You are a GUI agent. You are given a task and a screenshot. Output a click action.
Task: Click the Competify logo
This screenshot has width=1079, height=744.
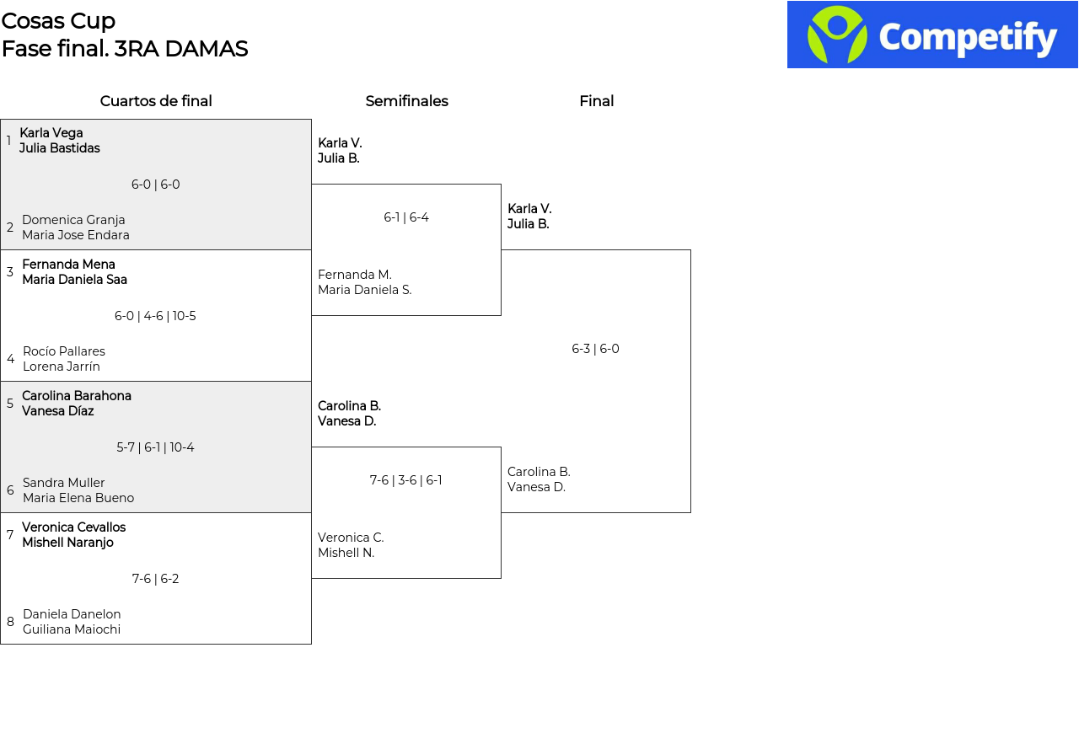click(x=932, y=35)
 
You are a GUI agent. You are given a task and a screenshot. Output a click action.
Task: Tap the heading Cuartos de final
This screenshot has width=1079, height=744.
click(x=156, y=101)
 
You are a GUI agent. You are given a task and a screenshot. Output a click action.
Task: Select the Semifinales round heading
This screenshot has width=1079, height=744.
click(x=406, y=101)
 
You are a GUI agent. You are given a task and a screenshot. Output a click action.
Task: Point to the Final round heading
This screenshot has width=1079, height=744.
click(x=596, y=101)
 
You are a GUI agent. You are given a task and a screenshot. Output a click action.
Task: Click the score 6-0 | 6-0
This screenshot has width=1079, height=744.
click(x=156, y=185)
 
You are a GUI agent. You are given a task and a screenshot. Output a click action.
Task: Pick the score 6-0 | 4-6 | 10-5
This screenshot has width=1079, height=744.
click(x=155, y=316)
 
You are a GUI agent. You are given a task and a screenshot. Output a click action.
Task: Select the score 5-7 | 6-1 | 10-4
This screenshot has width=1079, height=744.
click(x=155, y=447)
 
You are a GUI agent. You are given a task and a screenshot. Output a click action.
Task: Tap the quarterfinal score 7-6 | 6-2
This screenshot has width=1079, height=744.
click(x=155, y=579)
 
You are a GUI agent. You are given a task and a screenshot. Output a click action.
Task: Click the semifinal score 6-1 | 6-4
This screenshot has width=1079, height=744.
click(x=406, y=217)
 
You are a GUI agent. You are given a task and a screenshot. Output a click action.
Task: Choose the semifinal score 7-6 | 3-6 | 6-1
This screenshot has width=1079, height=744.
click(x=405, y=480)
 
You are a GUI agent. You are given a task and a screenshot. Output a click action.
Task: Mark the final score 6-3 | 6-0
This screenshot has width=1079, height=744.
click(x=595, y=349)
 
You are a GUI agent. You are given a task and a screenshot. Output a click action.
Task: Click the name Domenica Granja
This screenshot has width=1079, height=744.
click(x=73, y=220)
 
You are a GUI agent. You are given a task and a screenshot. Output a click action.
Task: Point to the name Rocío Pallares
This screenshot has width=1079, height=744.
click(x=63, y=351)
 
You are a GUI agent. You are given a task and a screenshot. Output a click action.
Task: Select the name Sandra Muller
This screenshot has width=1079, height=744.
click(x=63, y=483)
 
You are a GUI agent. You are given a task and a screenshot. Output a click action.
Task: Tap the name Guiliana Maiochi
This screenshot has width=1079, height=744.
click(x=72, y=629)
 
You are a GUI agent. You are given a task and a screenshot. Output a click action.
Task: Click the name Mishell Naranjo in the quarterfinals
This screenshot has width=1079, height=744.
click(x=68, y=543)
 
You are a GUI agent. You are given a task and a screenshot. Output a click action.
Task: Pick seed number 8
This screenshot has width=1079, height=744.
click(x=10, y=622)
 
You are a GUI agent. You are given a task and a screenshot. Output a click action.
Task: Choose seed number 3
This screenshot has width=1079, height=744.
click(x=9, y=271)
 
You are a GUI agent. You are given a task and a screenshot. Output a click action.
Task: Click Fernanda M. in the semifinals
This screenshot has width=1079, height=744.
click(x=355, y=275)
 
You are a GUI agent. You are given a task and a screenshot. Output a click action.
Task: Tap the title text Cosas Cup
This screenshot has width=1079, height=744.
click(x=58, y=21)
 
